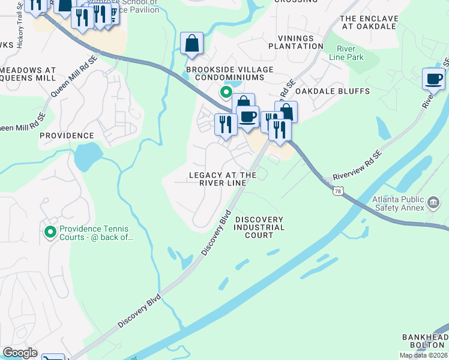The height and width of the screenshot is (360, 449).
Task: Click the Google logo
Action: coord(20,353)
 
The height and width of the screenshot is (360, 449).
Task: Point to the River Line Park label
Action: coord(346,53)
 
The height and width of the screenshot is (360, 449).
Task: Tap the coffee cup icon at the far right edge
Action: coord(433,79)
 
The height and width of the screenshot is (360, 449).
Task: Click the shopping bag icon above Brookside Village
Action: coord(192,43)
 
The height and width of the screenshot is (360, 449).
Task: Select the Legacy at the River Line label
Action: coord(223,179)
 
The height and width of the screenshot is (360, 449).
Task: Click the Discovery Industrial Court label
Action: coord(259,227)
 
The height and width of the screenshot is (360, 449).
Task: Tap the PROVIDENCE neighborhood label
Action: coord(67,136)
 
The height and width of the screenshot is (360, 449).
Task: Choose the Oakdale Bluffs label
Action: coord(332,91)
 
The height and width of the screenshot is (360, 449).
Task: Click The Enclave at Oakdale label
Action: coord(369,22)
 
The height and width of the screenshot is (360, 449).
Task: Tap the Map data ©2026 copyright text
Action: coord(423,355)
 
